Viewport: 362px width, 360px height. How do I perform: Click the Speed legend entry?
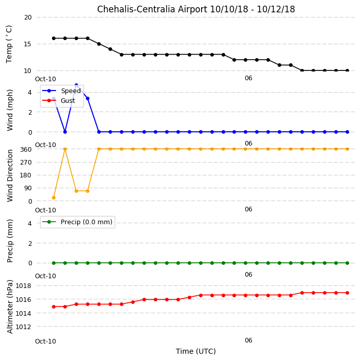(61, 91)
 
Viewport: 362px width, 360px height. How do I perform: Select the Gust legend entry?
(59, 100)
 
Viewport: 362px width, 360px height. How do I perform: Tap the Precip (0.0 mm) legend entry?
(77, 222)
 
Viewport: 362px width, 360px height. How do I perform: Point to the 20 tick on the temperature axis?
(28, 17)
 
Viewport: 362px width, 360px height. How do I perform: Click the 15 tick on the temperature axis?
(27, 44)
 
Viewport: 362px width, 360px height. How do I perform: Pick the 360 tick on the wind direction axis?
(26, 150)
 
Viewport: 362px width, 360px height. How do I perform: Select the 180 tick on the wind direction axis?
(26, 175)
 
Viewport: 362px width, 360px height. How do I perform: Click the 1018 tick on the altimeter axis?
(23, 285)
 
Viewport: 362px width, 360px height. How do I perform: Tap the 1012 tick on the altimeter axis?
(23, 327)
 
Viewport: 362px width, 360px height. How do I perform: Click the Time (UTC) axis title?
(196, 351)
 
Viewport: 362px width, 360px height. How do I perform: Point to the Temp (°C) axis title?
(9, 44)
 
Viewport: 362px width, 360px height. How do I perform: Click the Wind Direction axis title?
(10, 176)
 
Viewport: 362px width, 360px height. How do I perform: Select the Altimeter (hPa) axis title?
(10, 307)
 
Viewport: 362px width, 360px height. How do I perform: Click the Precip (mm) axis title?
(10, 241)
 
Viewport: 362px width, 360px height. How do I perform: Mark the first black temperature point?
(54, 39)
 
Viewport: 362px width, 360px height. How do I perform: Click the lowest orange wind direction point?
(54, 197)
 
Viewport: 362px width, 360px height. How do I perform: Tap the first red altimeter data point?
(54, 307)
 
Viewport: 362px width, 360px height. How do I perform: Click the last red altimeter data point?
(347, 293)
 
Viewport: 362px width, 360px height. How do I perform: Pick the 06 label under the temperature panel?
(248, 78)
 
